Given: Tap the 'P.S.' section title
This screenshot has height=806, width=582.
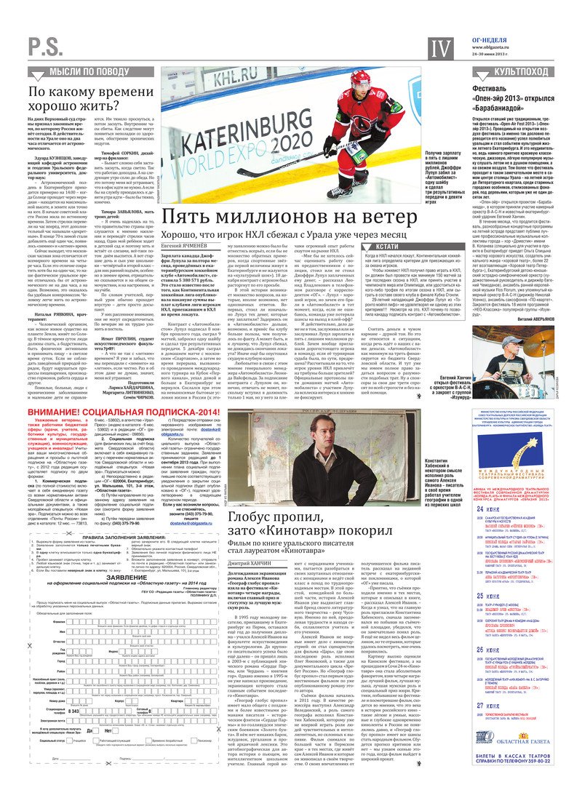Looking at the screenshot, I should (47, 48).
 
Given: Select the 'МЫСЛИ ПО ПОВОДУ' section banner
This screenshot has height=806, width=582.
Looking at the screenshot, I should (89, 71).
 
